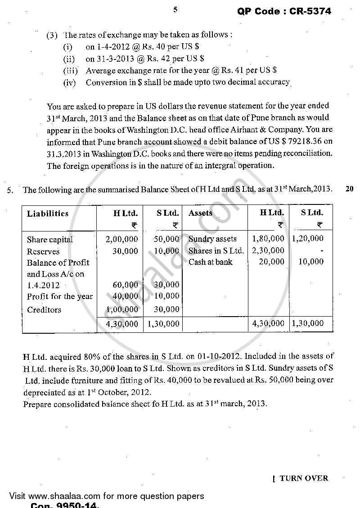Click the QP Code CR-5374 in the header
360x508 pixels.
click(284, 12)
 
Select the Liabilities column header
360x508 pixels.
click(48, 213)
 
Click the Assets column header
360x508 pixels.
click(200, 213)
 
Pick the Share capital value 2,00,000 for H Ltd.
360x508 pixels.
click(121, 239)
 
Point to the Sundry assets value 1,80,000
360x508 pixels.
click(268, 239)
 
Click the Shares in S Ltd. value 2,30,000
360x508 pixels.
click(268, 250)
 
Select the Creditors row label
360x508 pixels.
click(44, 309)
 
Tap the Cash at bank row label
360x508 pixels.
click(211, 262)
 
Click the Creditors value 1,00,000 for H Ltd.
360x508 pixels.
click(121, 309)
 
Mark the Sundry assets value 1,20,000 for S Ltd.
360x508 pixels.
click(308, 239)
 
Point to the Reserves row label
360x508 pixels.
click(43, 251)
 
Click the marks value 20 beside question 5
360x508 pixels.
click(349, 189)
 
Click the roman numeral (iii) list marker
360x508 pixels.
click(70, 70)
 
